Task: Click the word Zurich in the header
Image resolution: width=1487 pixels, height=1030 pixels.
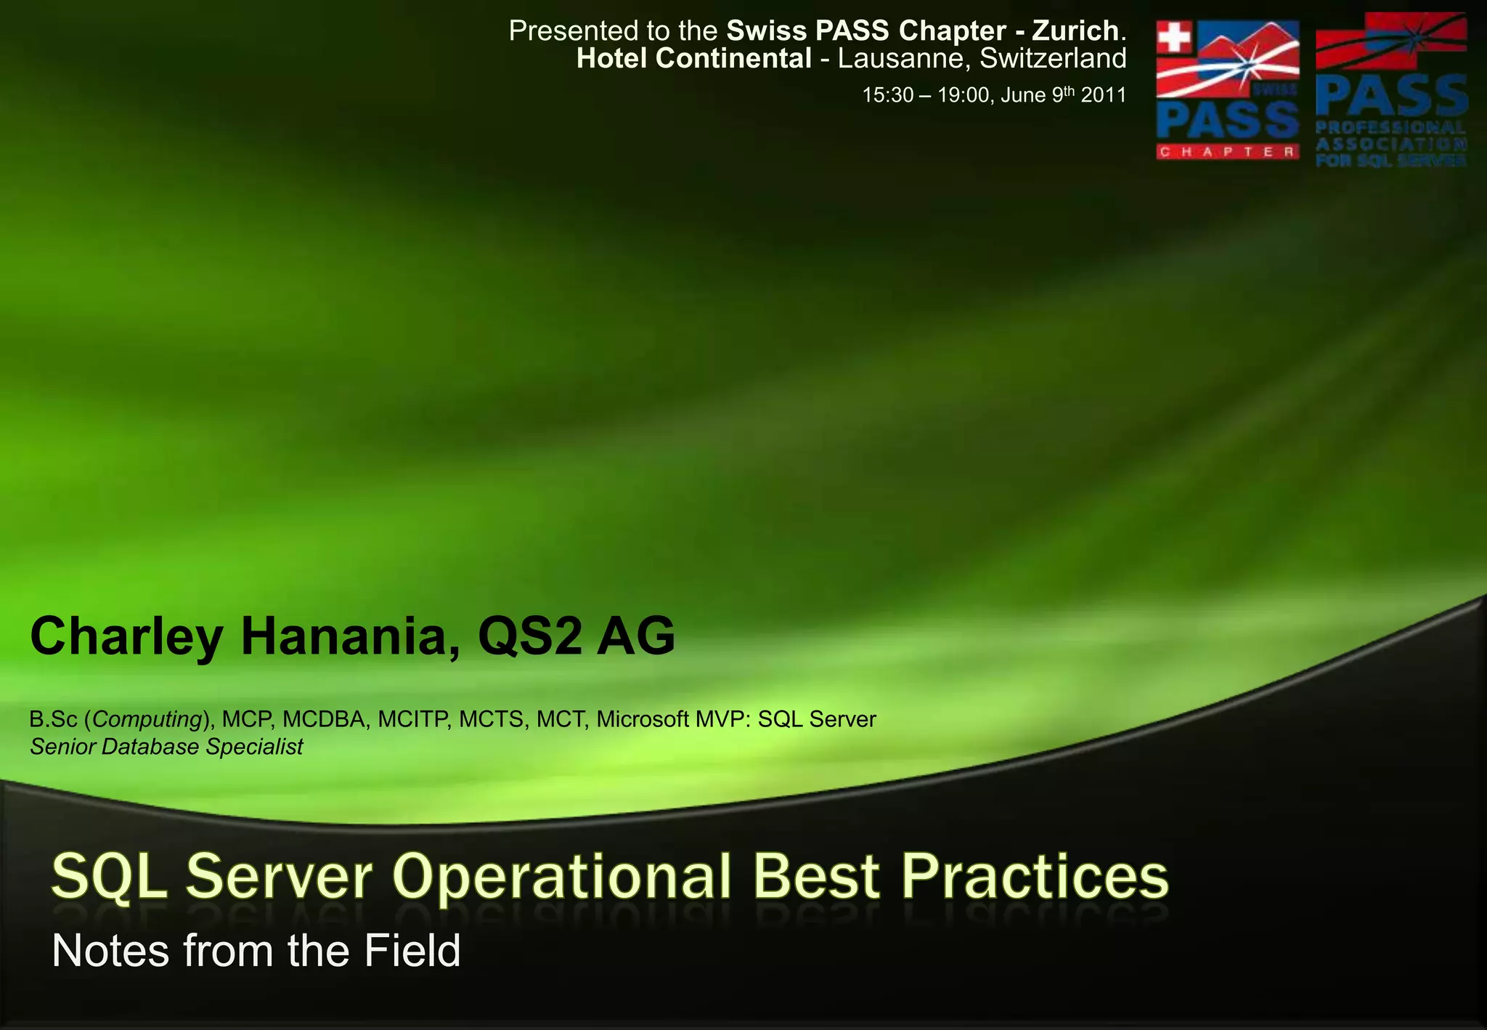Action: coord(1075,31)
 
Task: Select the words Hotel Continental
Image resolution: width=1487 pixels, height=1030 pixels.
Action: coord(693,59)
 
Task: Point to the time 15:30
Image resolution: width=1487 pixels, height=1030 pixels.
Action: coord(887,95)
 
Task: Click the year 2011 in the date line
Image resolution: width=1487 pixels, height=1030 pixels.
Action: coord(1104,95)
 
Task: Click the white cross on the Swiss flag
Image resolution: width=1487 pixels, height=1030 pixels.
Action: coord(1173,38)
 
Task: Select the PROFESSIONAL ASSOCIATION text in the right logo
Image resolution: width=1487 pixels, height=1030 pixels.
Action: coord(1390,135)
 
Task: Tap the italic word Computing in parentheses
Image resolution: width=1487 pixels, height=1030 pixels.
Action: coord(147,719)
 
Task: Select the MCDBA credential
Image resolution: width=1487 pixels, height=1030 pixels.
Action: coord(324,719)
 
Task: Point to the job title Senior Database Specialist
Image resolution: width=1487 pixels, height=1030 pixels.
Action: coord(166,747)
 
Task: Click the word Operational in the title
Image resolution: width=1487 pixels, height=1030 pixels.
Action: coord(561,877)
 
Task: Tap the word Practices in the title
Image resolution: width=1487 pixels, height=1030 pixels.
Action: coord(1035,877)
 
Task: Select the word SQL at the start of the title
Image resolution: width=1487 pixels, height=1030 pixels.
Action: coord(109,877)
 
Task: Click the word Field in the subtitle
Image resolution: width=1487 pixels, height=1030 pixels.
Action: coord(412,951)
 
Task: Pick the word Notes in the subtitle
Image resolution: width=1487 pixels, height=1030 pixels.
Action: coord(110,951)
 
